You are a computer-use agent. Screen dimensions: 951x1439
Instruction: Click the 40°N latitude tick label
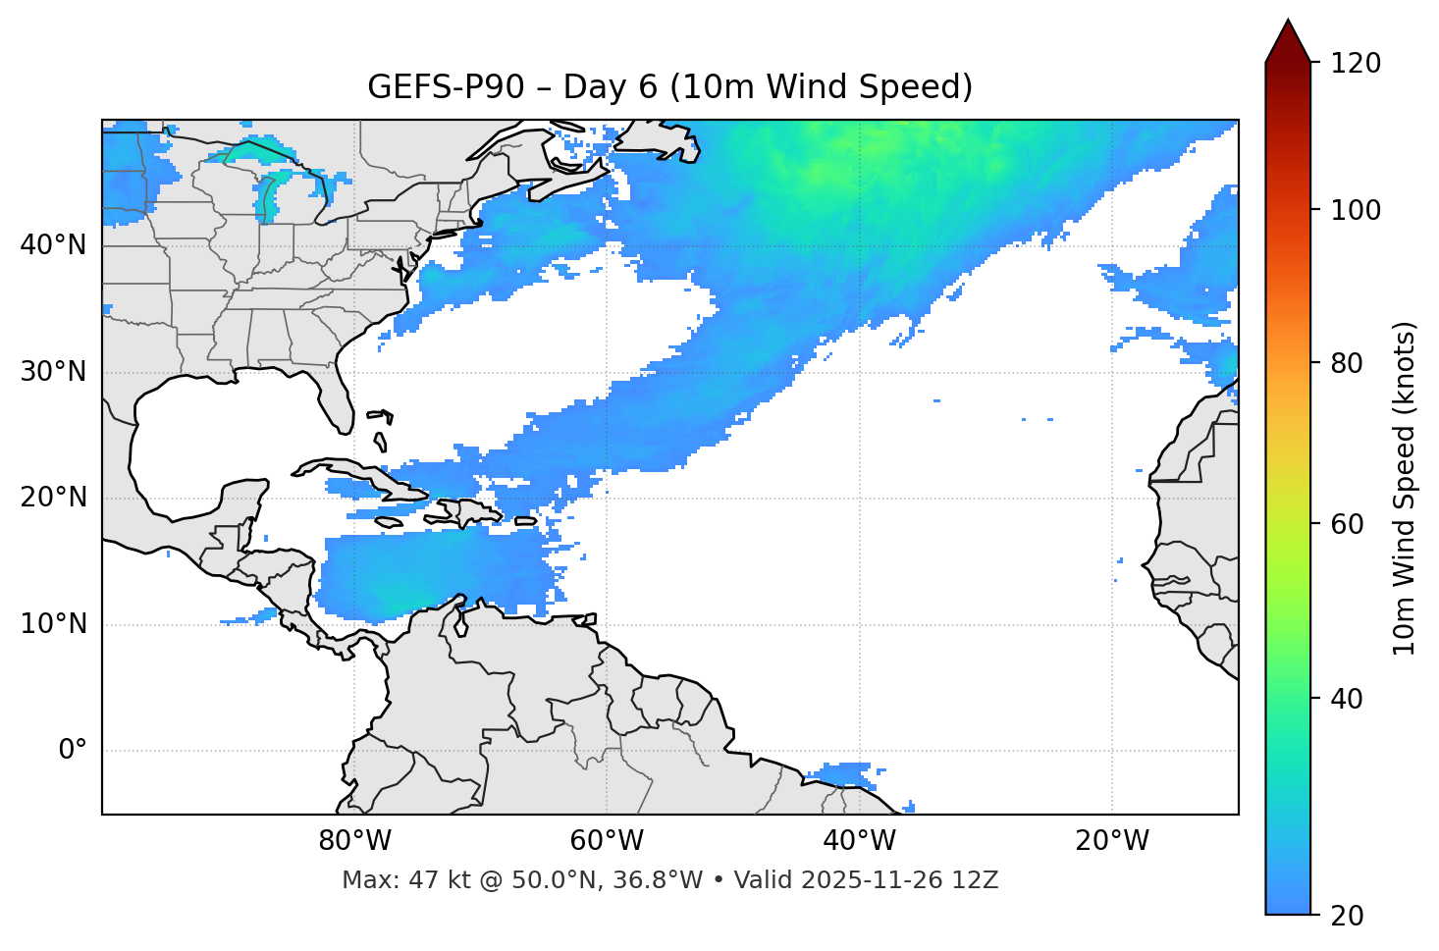[53, 245]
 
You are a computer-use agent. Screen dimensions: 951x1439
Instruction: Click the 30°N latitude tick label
[53, 372]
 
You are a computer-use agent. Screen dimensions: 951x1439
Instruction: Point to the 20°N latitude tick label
[53, 498]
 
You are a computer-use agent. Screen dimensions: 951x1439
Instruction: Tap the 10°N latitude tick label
[53, 624]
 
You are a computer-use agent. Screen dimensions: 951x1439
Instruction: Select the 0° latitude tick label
[73, 751]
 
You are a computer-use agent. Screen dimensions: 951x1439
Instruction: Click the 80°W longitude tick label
[354, 841]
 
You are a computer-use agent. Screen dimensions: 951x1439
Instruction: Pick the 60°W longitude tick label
[607, 841]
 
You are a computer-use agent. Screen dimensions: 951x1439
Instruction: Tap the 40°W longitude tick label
[859, 841]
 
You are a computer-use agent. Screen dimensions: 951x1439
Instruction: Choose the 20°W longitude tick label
[1111, 841]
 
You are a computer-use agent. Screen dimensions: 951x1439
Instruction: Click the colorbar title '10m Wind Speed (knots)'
[1405, 489]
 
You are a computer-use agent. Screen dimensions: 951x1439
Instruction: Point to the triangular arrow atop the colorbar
[1288, 42]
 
